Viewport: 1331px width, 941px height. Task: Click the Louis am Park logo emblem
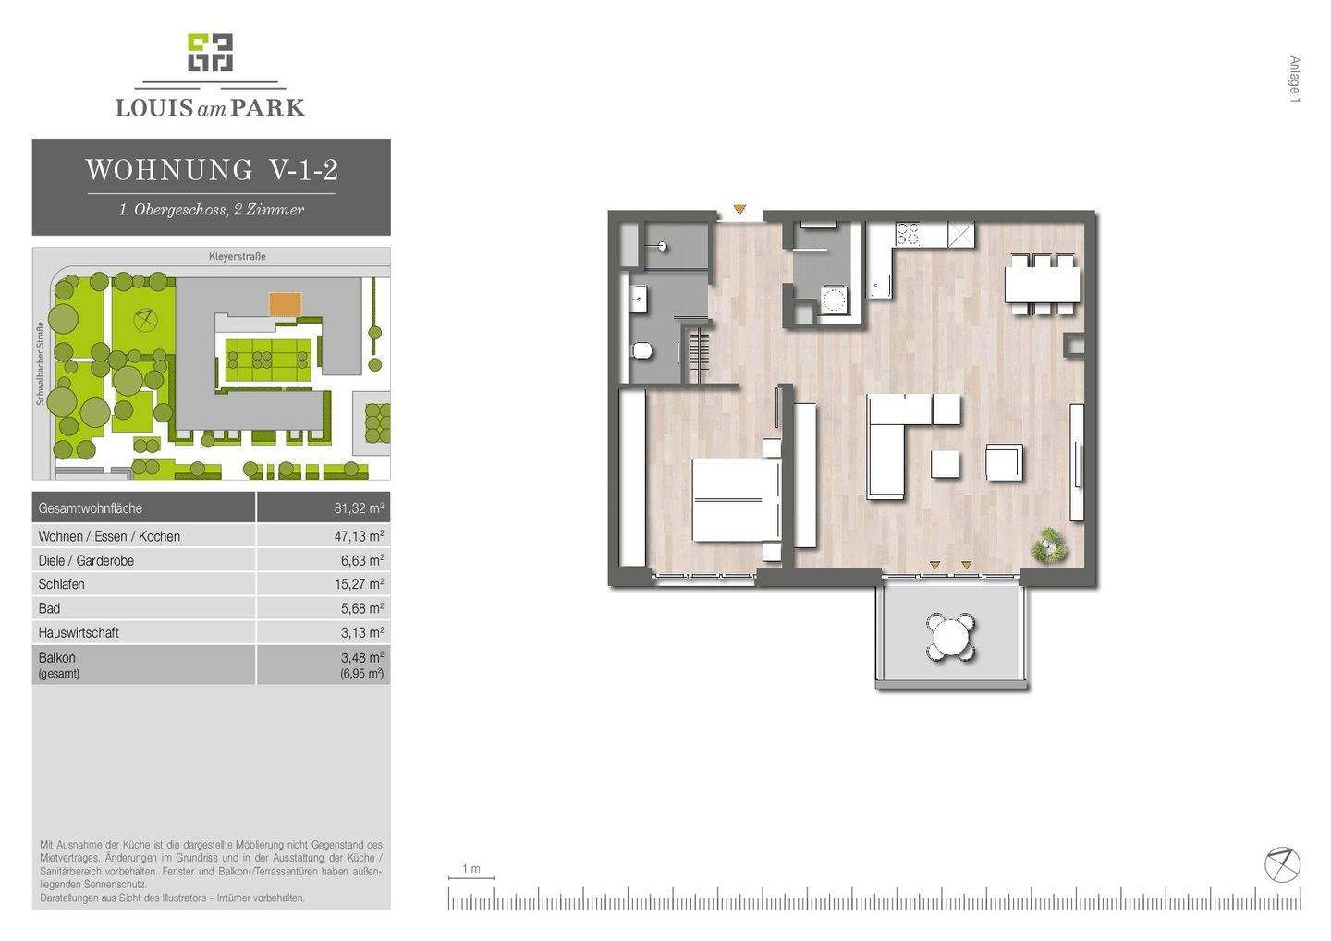click(x=211, y=53)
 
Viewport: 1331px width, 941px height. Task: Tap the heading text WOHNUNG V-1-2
click(x=213, y=170)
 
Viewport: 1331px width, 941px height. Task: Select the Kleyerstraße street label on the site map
click(x=237, y=257)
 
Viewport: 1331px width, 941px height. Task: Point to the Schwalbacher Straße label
click(x=41, y=363)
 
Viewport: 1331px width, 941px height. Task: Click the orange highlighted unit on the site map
click(x=286, y=305)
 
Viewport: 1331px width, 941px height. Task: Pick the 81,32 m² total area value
click(x=359, y=507)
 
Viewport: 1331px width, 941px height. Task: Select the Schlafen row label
click(x=61, y=584)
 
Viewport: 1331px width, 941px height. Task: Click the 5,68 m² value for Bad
click(x=362, y=608)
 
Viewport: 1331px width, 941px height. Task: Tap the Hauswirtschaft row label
click(x=79, y=632)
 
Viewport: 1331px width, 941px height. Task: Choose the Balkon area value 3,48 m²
click(x=362, y=657)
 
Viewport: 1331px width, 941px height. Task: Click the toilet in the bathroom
click(x=641, y=351)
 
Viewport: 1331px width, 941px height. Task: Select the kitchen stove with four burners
click(x=908, y=234)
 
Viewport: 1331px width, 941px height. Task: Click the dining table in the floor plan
click(x=1043, y=285)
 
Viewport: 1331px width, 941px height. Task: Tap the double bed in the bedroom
click(x=737, y=500)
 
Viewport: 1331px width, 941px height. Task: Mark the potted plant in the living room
click(x=1048, y=544)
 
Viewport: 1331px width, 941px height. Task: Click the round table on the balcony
click(x=951, y=638)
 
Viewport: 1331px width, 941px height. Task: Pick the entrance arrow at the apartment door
click(x=739, y=209)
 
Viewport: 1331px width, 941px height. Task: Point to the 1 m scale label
click(x=471, y=869)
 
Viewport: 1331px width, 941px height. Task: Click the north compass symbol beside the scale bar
click(x=1282, y=864)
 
